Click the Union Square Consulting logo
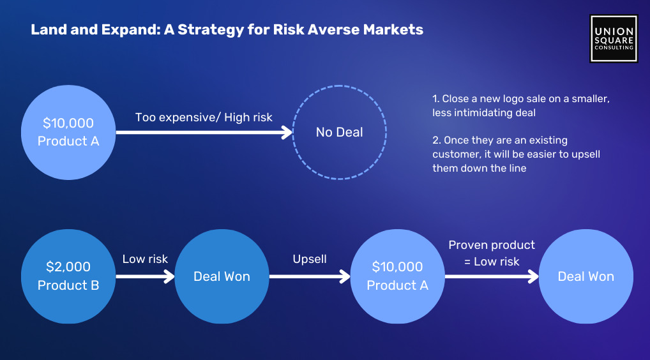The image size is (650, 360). coord(614,38)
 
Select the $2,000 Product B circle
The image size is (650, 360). coord(68,276)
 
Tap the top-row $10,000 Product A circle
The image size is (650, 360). coord(68,133)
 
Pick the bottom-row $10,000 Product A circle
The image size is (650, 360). coord(398,276)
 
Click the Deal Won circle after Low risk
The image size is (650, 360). coord(222,276)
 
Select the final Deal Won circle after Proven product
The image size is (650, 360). coord(586,276)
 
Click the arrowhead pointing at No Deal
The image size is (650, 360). coord(287,133)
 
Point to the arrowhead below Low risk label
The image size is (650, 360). coord(169,276)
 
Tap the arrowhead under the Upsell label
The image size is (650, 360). coord(345,276)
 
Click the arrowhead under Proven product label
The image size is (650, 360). coord(533,276)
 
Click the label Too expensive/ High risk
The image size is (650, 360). coord(204,117)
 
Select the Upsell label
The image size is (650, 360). coord(310,259)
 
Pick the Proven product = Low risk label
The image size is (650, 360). coord(492,253)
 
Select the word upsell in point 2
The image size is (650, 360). coord(586,154)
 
